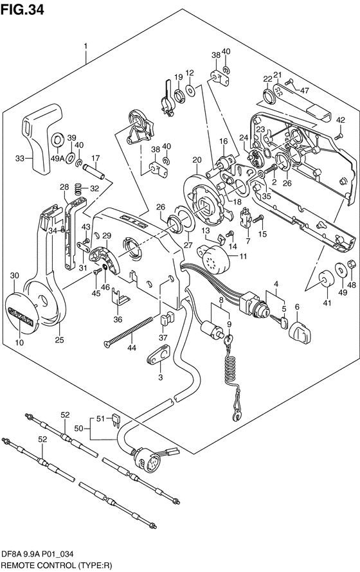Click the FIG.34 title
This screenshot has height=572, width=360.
pos(22,10)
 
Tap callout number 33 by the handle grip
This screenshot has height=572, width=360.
pos(21,158)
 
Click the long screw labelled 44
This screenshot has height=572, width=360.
pos(129,330)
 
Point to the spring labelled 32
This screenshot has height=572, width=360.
pos(77,189)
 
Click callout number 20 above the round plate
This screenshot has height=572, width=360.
pos(197,160)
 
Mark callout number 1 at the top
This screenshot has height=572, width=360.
pos(85,46)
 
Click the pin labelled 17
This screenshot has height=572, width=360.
pos(94,172)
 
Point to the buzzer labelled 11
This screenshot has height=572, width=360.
pos(212,260)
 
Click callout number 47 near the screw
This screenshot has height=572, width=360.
pos(304,91)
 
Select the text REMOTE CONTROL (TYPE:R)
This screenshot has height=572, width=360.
pos(56,566)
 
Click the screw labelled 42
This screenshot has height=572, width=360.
pos(338,137)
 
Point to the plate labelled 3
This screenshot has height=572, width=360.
pos(159,355)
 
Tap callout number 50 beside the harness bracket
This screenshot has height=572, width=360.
pos(79,429)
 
